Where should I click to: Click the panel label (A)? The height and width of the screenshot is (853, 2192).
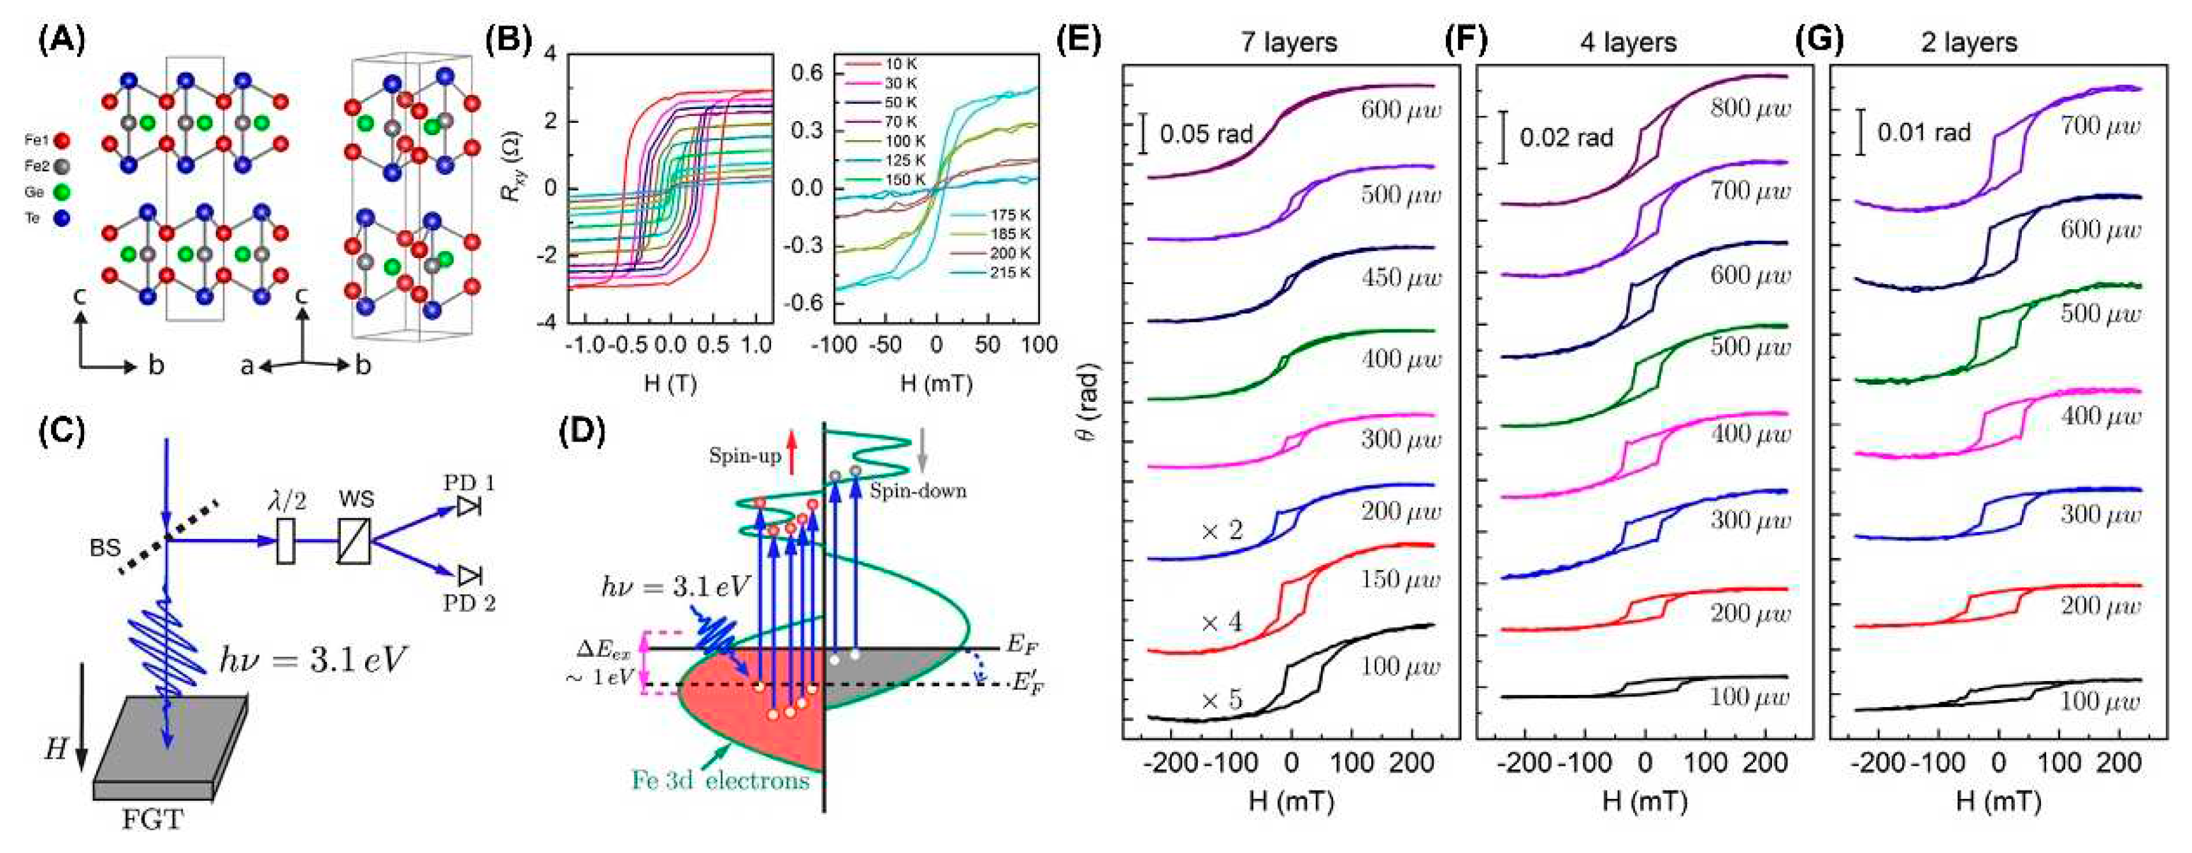[x=62, y=41]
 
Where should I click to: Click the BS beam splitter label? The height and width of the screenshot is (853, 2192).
[x=106, y=548]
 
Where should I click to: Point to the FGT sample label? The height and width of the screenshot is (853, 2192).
[x=153, y=820]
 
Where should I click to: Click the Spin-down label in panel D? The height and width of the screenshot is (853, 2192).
[x=918, y=491]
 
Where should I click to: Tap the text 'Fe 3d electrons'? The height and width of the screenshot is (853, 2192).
[x=720, y=780]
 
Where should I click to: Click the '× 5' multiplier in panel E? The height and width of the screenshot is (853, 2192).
[x=1222, y=701]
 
